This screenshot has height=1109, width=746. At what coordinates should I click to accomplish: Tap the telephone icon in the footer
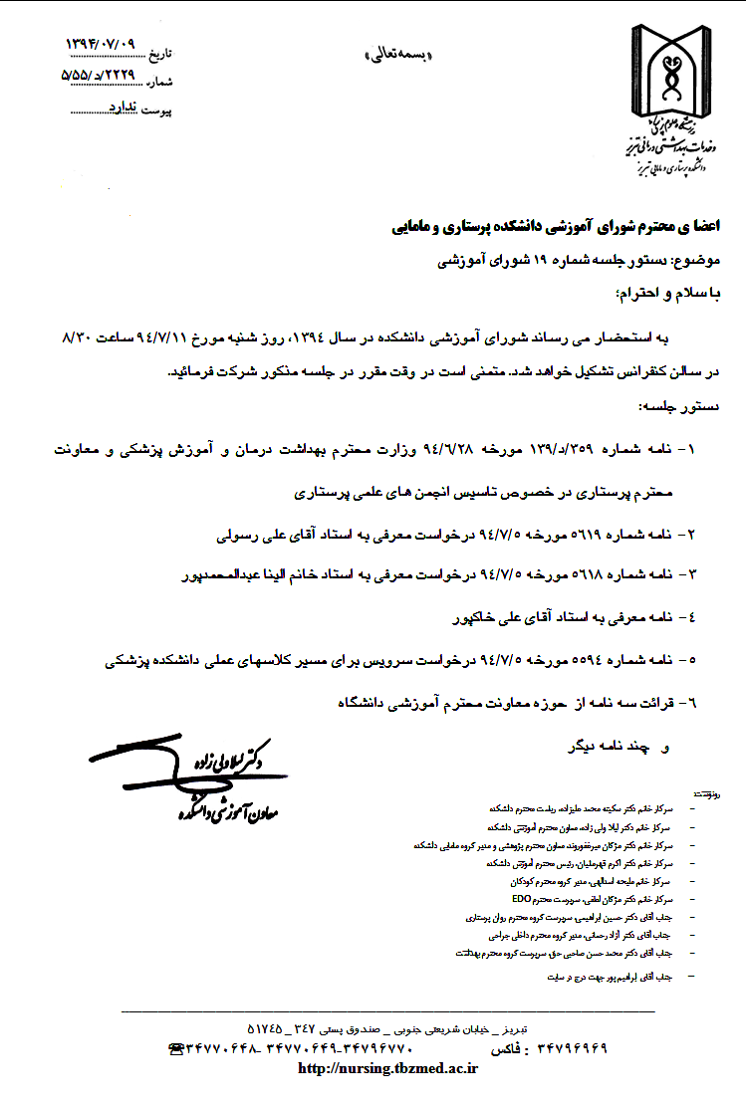pyautogui.click(x=178, y=1048)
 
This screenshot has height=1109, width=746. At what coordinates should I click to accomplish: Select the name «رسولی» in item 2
pyautogui.click(x=237, y=535)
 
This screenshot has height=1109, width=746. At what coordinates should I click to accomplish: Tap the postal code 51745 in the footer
pyautogui.click(x=264, y=1026)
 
